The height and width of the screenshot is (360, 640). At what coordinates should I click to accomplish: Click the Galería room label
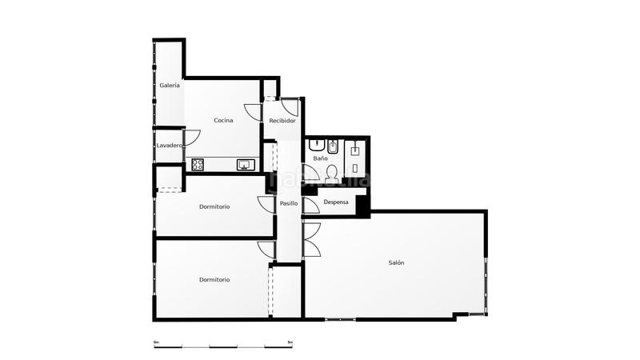click(169, 85)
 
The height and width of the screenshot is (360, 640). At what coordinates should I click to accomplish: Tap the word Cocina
click(223, 120)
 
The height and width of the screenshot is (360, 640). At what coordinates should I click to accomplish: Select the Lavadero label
click(169, 146)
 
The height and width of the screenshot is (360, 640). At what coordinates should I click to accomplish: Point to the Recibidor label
click(282, 120)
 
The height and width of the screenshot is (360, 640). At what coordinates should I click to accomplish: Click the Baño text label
click(320, 158)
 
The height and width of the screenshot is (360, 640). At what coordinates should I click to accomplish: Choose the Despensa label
click(336, 202)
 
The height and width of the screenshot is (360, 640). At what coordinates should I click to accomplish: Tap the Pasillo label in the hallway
click(289, 203)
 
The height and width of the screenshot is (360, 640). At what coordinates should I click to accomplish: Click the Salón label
click(396, 262)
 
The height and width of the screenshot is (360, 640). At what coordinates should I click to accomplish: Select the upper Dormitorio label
click(214, 206)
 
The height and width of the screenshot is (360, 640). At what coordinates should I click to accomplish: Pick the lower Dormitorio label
click(214, 279)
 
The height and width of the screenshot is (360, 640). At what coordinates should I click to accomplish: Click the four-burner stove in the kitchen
click(198, 165)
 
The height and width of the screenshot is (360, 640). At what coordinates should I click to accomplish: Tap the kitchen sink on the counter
click(246, 165)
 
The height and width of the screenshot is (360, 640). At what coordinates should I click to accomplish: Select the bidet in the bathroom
click(334, 147)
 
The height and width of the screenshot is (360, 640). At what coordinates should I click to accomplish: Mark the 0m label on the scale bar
click(157, 342)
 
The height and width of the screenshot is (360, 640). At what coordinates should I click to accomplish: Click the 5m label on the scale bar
click(290, 342)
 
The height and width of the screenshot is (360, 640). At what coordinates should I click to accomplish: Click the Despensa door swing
click(311, 205)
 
